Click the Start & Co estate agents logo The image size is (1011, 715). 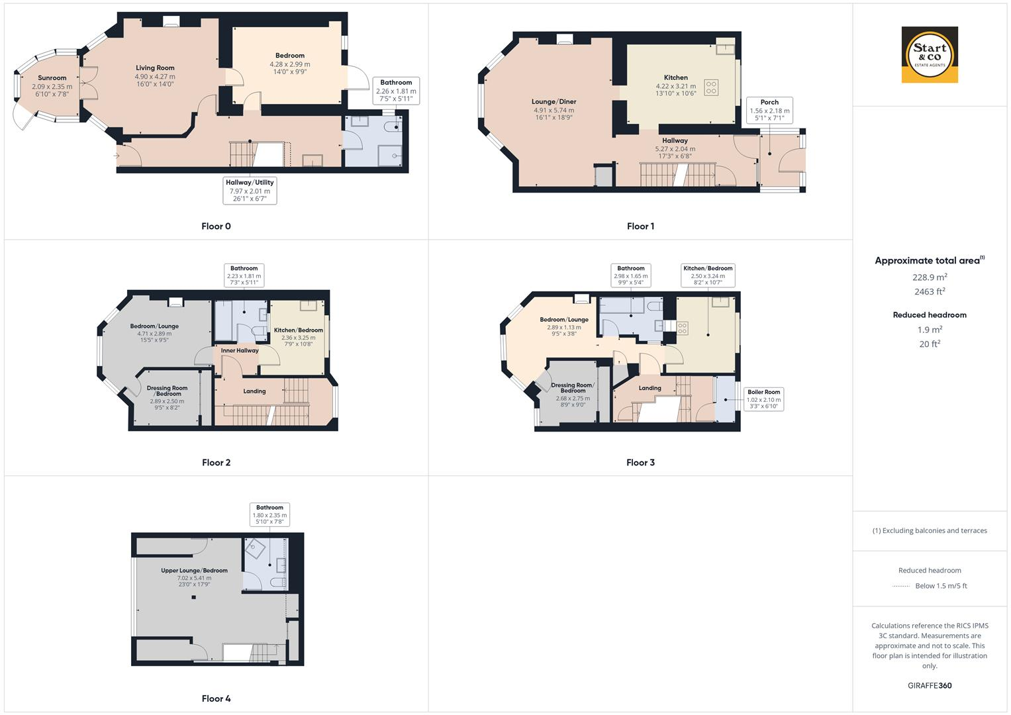(x=930, y=55)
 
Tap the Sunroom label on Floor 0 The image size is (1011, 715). (x=52, y=78)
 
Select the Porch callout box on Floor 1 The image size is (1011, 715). (x=769, y=111)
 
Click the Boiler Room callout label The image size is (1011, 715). (x=763, y=400)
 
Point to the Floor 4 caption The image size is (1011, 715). (x=216, y=698)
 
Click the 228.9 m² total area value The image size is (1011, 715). (x=930, y=277)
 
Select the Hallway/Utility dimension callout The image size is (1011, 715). (x=250, y=191)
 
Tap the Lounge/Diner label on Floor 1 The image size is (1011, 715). (x=554, y=102)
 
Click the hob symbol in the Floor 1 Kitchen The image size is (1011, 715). (x=711, y=87)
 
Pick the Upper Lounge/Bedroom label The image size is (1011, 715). (x=194, y=571)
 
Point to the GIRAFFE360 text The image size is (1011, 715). (x=930, y=686)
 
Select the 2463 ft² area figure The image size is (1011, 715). (x=930, y=291)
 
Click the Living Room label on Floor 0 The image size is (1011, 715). (x=155, y=68)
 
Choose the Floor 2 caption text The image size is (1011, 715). (x=216, y=463)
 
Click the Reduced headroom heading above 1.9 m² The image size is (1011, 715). (x=930, y=315)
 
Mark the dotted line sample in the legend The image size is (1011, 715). (x=901, y=586)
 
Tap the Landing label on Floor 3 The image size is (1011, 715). (x=650, y=389)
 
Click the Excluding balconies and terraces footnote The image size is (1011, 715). (x=930, y=531)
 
